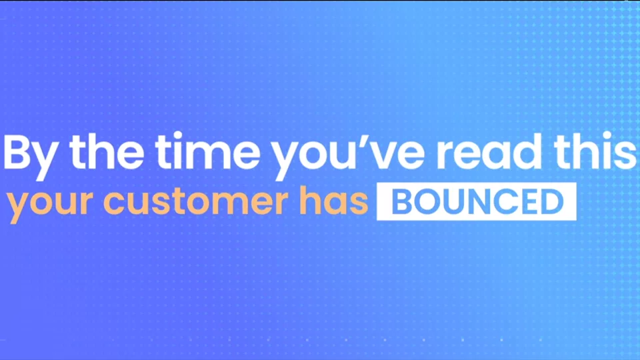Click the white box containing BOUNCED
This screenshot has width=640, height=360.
tap(476, 201)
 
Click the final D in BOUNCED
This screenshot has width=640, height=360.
tap(552, 201)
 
